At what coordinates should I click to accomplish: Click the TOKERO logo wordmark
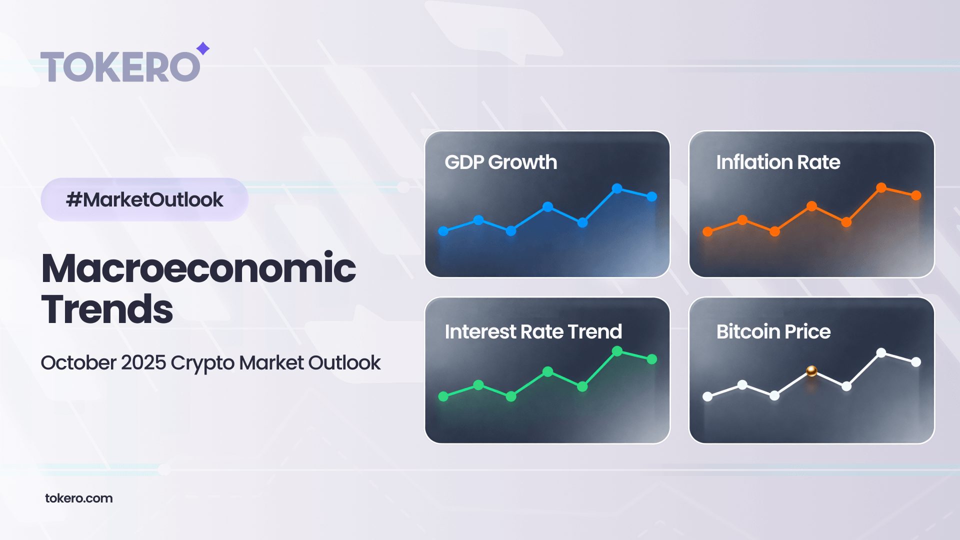(x=120, y=66)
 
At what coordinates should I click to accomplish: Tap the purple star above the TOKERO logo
(x=202, y=48)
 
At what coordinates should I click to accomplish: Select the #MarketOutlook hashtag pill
(x=144, y=199)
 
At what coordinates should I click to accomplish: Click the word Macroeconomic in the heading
(x=198, y=268)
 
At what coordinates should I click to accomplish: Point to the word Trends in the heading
(x=107, y=309)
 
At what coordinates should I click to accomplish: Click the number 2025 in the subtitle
(x=143, y=362)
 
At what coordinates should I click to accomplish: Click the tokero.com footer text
(x=79, y=498)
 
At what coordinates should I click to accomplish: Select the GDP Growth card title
(x=500, y=162)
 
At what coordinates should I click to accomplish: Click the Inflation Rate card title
(x=778, y=162)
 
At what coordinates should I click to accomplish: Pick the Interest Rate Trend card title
(x=533, y=331)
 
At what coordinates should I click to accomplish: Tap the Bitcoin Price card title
(x=773, y=331)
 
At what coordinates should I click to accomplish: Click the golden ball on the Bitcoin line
(x=811, y=371)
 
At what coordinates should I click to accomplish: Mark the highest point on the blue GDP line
(x=617, y=188)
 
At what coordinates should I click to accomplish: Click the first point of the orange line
(x=707, y=231)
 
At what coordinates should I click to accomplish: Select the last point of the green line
(x=652, y=359)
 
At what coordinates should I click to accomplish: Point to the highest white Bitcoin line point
(x=881, y=353)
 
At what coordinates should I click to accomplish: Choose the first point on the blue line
(x=443, y=231)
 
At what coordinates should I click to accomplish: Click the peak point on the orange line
(x=881, y=187)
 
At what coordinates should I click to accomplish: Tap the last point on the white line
(x=916, y=362)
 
